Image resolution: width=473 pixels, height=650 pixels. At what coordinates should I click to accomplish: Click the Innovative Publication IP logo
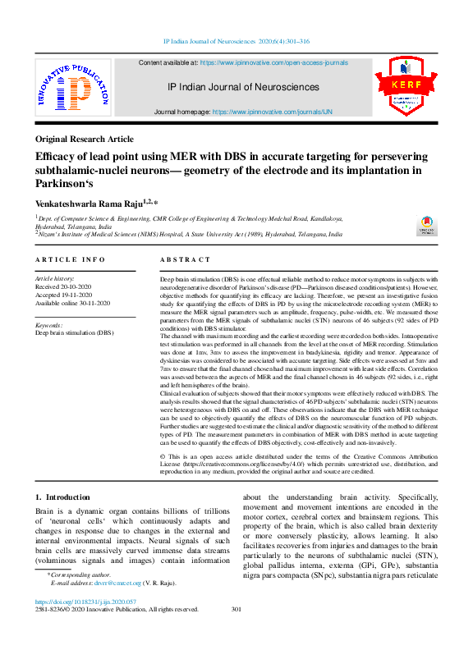(72, 88)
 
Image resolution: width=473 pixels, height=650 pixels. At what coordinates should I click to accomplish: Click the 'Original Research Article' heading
(85, 140)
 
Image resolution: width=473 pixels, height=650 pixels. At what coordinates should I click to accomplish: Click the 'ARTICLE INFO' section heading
(71, 259)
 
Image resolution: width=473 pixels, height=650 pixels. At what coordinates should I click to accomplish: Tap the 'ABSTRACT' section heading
(185, 259)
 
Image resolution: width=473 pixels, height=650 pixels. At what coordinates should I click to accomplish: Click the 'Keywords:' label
(49, 325)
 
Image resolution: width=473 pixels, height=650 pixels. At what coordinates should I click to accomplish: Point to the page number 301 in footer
(236, 609)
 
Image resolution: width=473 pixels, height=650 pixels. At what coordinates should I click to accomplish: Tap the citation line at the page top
(236, 40)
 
